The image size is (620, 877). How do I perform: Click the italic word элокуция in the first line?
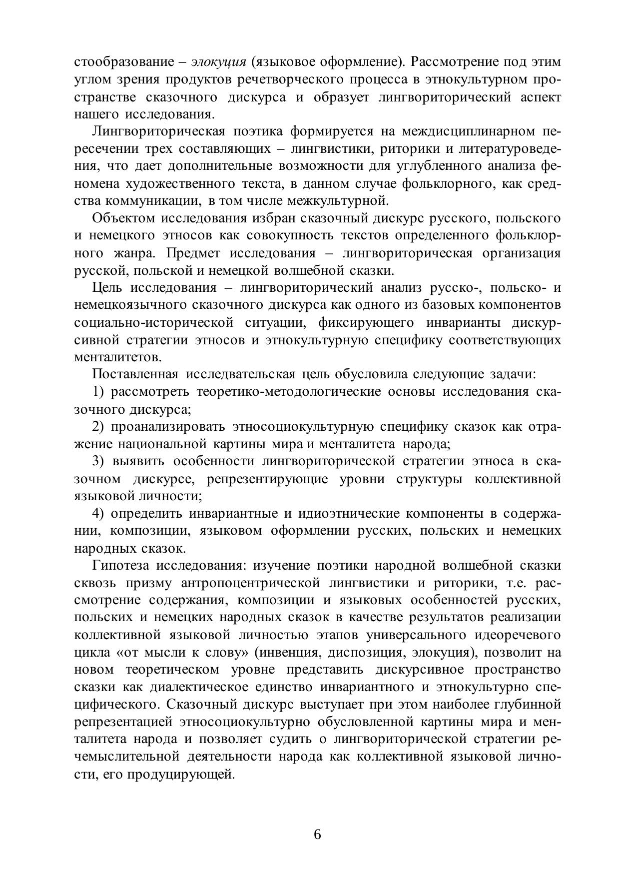coord(219,62)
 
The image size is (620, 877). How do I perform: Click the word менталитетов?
coord(118,357)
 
